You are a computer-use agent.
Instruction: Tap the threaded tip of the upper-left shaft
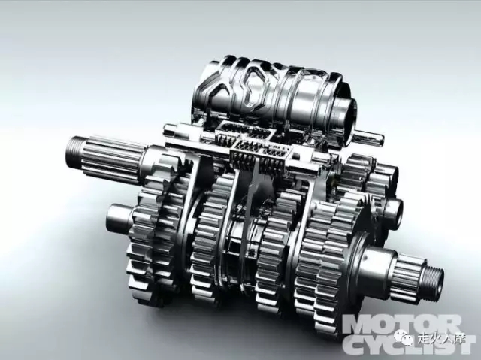(x=73, y=150)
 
